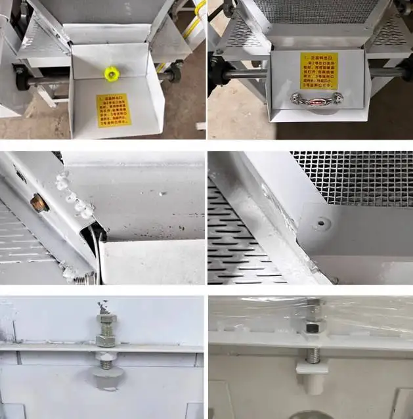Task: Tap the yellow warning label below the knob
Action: click(x=114, y=110)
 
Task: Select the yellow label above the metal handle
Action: click(x=318, y=70)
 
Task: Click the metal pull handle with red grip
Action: click(x=317, y=99)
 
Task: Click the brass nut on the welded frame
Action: click(x=39, y=202)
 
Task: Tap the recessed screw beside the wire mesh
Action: click(x=321, y=224)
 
